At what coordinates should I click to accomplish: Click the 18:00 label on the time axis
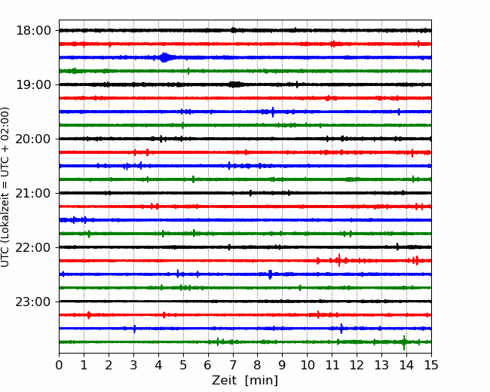(x=33, y=31)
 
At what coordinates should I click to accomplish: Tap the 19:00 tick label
(x=33, y=84)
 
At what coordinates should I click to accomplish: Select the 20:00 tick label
(x=33, y=139)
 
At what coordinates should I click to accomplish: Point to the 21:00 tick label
(x=33, y=193)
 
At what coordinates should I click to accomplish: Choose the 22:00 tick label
(x=33, y=247)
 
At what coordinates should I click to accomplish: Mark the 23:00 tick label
(x=33, y=302)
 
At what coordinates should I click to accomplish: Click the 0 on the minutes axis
(x=59, y=365)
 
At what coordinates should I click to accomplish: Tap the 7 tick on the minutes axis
(x=233, y=365)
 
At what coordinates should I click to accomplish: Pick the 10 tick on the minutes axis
(x=307, y=365)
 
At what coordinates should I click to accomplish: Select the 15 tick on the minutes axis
(x=431, y=365)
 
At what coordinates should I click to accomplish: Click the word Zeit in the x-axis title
(x=224, y=380)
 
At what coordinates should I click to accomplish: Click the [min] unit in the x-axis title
(x=262, y=381)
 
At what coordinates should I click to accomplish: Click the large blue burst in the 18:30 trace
(x=164, y=57)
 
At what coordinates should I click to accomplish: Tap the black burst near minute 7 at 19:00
(x=236, y=84)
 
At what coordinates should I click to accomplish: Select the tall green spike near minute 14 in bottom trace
(x=404, y=342)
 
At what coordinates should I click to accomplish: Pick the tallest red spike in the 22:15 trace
(x=339, y=260)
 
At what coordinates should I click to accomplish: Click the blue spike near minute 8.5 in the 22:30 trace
(x=271, y=274)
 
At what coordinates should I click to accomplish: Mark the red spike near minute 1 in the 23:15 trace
(x=89, y=315)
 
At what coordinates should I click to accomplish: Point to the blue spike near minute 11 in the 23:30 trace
(x=341, y=329)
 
